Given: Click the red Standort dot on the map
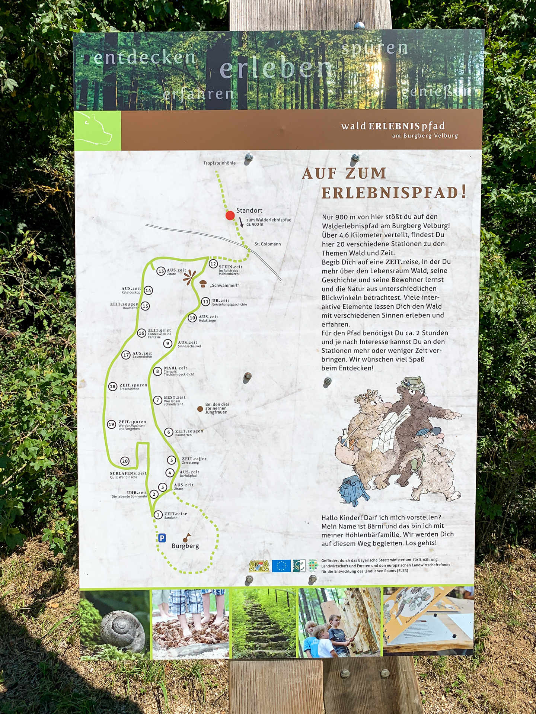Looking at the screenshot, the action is [230, 215].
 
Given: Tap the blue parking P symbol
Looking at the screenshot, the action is [162, 538].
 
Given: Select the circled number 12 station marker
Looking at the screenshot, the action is [213, 264].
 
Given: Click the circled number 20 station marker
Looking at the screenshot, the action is [125, 461].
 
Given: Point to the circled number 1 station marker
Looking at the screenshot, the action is [158, 515].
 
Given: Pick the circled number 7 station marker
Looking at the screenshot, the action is [158, 400].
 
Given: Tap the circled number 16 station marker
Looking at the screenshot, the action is [141, 333].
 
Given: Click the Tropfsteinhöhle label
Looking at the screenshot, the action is [219, 163].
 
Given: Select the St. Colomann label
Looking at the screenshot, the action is [268, 244].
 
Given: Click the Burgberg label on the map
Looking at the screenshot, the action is [185, 546].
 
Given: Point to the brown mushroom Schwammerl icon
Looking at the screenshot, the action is [203, 284].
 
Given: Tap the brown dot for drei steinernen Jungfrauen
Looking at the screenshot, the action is [200, 409].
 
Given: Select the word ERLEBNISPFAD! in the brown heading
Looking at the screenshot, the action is [393, 193].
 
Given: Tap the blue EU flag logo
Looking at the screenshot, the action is [281, 566].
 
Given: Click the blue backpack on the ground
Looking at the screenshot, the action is [354, 490].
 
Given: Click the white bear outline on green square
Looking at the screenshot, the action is [98, 130].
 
